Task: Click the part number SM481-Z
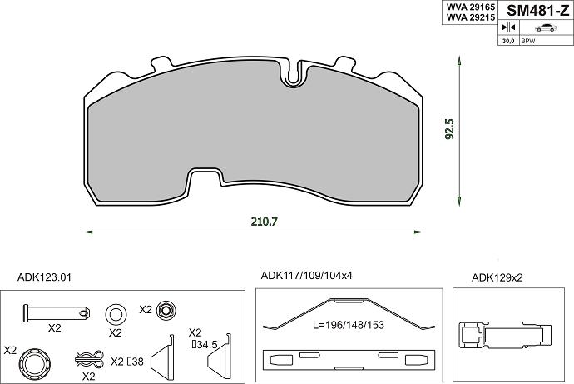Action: [537, 11]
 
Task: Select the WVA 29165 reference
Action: [470, 7]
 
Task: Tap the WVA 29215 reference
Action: [470, 17]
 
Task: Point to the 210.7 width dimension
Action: [265, 222]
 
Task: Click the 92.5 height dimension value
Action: [449, 128]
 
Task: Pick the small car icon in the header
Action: [546, 27]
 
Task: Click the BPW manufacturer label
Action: [528, 41]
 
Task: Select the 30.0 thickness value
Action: [508, 41]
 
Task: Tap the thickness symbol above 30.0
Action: [508, 27]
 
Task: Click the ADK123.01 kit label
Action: [44, 277]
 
